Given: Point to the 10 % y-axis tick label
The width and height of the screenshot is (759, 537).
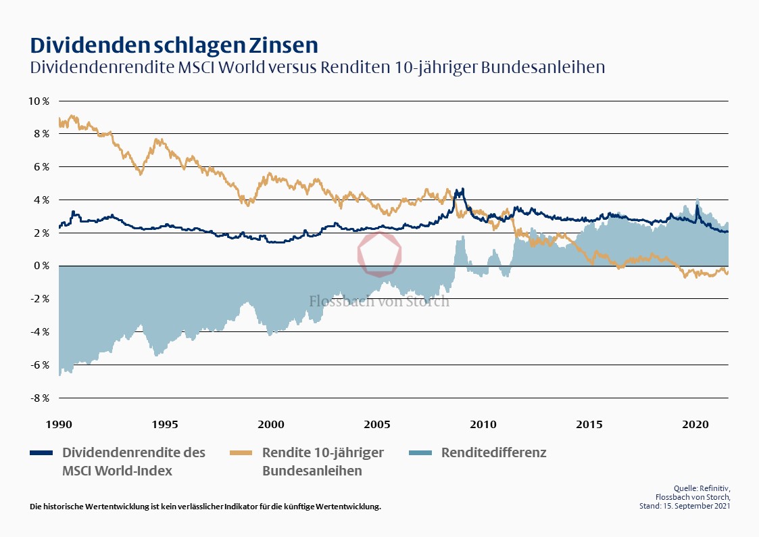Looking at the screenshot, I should tap(38, 101).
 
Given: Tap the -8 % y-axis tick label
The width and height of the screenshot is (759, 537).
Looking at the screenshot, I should tap(38, 398).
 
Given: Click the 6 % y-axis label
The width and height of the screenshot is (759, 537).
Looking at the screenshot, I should tap(40, 166).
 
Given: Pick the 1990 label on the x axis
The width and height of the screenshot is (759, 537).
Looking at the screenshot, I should tap(59, 424).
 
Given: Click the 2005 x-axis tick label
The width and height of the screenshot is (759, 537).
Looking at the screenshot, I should tap(377, 424).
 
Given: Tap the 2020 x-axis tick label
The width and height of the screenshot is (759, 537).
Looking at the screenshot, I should tap(695, 424).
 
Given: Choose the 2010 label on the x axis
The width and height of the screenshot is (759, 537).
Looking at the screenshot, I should tap(483, 424).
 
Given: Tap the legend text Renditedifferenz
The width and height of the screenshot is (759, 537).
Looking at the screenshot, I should tap(493, 452).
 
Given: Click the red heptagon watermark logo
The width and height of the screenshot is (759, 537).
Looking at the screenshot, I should tap(379, 254).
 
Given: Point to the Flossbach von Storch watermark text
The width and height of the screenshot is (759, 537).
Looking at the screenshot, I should tap(379, 302).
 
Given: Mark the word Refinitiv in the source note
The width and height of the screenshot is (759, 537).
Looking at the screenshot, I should tap(714, 488).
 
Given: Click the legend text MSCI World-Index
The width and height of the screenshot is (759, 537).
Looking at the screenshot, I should tap(117, 471).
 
